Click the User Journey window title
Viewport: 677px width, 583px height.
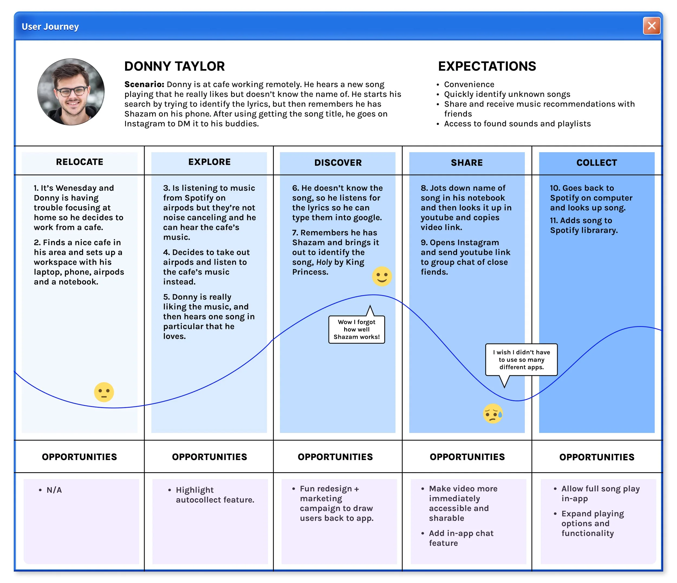click(50, 27)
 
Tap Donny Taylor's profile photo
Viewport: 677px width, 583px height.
click(71, 92)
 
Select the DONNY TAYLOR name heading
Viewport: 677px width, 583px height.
click(174, 66)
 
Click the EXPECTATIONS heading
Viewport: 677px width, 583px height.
click(487, 66)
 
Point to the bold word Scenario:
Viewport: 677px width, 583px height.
click(144, 84)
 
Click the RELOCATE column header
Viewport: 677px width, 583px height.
click(79, 162)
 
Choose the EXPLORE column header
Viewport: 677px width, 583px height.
click(209, 162)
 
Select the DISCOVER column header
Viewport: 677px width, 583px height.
click(338, 163)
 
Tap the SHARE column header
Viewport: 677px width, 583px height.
click(467, 163)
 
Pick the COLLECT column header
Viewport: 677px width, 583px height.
click(597, 163)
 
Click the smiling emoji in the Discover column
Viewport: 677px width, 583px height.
click(382, 276)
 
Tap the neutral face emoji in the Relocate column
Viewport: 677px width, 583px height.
click(104, 392)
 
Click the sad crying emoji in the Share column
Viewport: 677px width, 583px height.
click(493, 414)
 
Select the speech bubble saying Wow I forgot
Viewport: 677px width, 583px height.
click(356, 329)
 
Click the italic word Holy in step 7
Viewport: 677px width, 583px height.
click(324, 262)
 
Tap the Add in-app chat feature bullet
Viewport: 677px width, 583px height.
click(461, 538)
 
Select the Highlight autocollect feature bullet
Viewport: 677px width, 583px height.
click(215, 495)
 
